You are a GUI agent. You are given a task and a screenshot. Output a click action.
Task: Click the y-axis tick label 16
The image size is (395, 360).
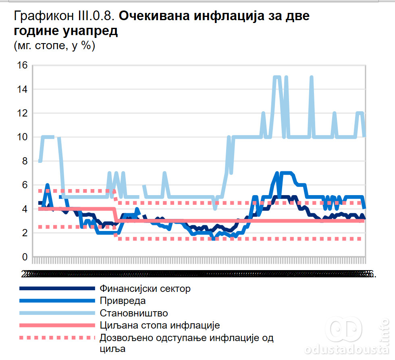(x=22, y=65)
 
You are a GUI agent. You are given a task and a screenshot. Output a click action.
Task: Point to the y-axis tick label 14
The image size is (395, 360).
(x=22, y=89)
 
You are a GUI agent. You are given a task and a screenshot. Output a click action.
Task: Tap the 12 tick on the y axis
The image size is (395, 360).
(x=22, y=113)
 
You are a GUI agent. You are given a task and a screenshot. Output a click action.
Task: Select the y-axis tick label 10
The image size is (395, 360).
(x=22, y=137)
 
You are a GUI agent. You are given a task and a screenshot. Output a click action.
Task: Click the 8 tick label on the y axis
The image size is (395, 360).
(x=24, y=161)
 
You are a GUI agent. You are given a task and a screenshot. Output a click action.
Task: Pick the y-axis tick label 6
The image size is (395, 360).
(x=24, y=185)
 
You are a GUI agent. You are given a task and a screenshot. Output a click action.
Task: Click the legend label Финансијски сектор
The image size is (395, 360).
(x=145, y=289)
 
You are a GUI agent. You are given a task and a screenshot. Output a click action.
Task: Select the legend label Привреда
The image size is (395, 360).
(x=123, y=301)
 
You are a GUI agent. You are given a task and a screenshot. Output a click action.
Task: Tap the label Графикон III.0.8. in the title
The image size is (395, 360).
(x=65, y=16)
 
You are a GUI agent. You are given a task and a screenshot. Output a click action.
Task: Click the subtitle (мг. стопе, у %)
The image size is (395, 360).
(x=54, y=46)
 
